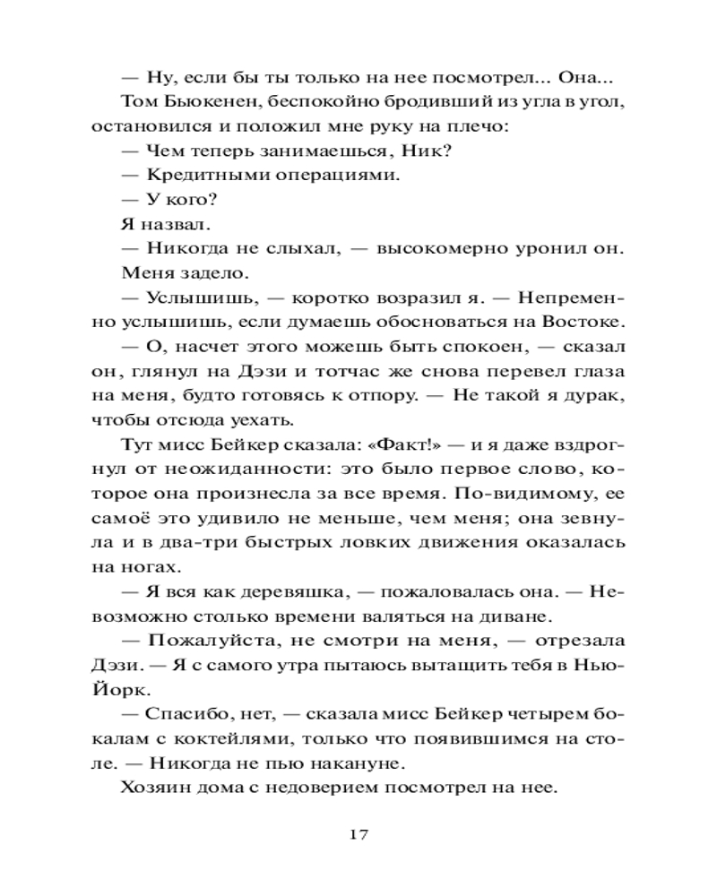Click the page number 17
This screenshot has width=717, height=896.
point(358,834)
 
